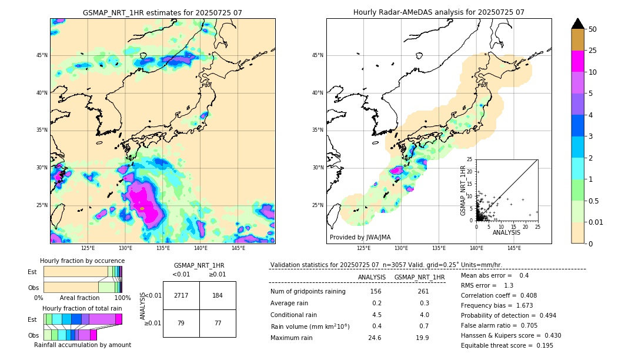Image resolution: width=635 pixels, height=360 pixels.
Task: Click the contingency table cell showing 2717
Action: pos(181,295)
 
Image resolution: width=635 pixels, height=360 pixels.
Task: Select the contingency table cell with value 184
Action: pos(218,295)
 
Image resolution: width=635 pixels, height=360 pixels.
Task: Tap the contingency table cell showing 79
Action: pos(181,323)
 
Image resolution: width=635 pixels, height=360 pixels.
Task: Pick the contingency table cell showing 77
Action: pos(218,323)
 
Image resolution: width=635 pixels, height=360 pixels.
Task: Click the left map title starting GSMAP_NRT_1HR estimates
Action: pos(162,12)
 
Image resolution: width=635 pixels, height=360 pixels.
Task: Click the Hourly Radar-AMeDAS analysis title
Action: pos(439,12)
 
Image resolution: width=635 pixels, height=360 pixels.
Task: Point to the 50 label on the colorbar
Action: pos(593,29)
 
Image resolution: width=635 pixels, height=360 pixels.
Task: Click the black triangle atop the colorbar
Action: pos(578,24)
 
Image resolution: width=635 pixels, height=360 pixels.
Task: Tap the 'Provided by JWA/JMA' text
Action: pos(360,237)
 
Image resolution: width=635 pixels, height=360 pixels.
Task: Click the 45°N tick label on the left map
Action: pos(42,55)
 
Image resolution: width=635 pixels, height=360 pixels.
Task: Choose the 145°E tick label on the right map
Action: pos(514,248)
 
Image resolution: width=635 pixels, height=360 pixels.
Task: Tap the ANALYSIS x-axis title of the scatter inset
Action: pos(506,232)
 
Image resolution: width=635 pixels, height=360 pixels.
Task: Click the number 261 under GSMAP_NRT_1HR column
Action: pos(423,292)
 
